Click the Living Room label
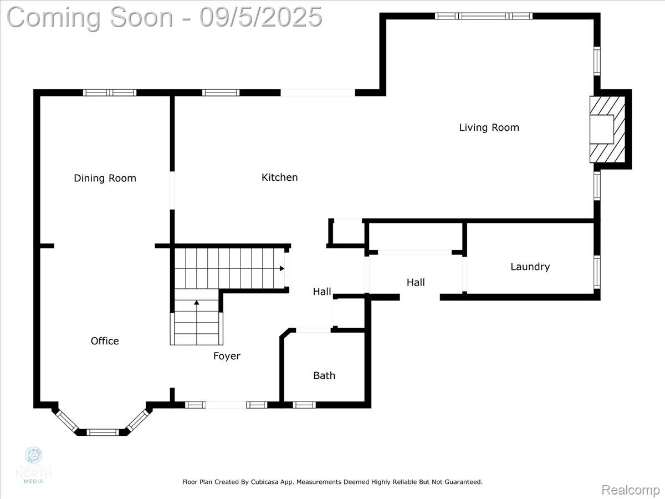coord(489,128)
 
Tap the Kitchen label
coord(279,177)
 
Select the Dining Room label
coord(105,178)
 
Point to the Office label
coord(105,341)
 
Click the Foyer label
coord(227,356)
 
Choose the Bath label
coord(324,375)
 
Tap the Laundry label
coord(530,267)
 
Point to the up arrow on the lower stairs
coord(196,303)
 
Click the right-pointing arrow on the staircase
coord(282,268)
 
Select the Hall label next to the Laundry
coord(416,282)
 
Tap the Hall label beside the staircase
coord(322,292)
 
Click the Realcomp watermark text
coord(631,490)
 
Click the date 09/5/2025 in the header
coord(261,17)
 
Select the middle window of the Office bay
coord(103,432)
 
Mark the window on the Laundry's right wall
coord(597,272)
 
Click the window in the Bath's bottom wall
coord(304,405)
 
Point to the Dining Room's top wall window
coord(110,93)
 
